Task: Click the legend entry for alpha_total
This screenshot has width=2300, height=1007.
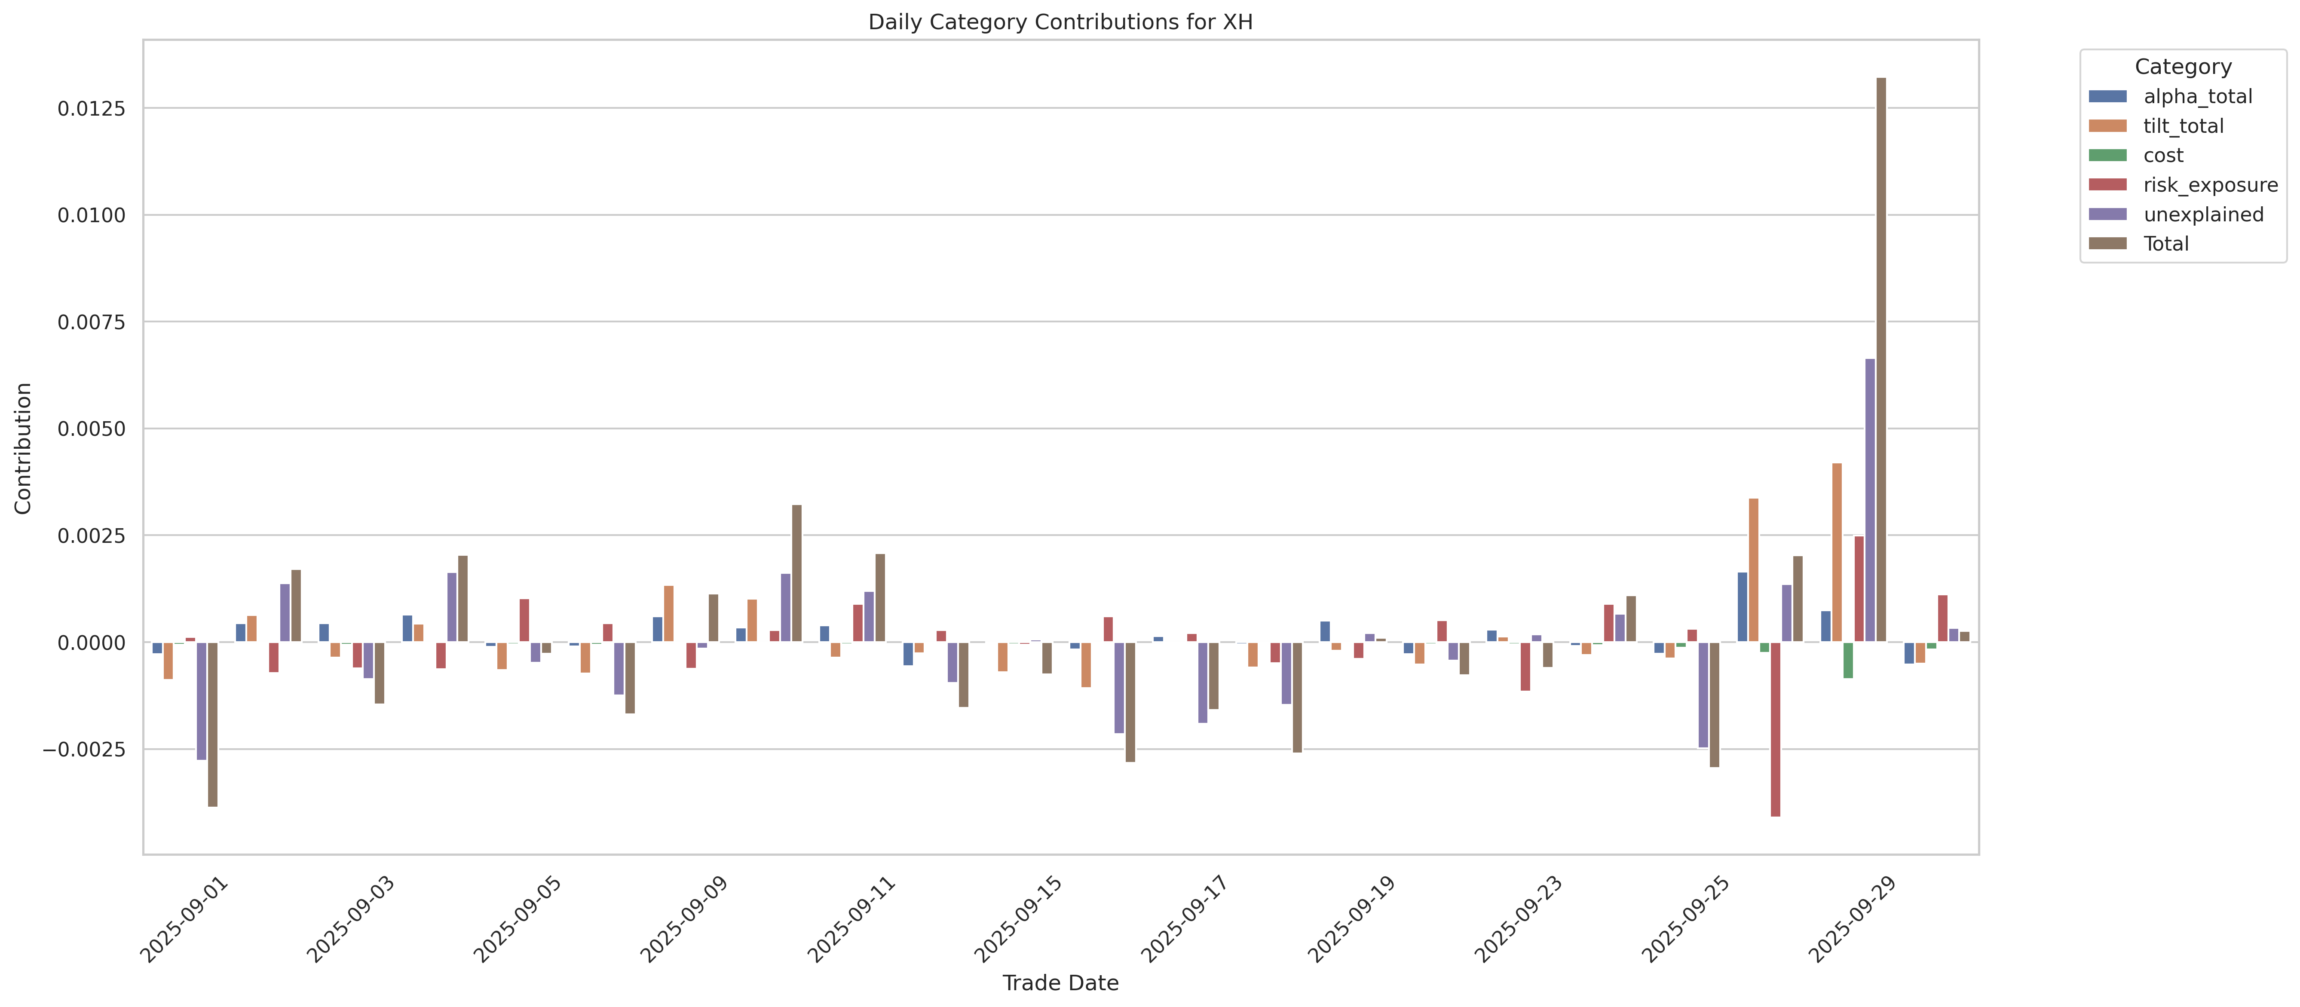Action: point(2197,96)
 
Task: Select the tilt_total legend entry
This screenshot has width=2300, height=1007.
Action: point(2183,126)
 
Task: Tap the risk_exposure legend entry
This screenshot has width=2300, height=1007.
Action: point(2210,185)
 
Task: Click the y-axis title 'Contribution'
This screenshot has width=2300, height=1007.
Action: point(23,448)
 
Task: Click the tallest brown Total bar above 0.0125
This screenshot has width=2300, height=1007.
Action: point(1881,357)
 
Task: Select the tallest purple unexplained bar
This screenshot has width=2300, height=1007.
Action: point(1870,500)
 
